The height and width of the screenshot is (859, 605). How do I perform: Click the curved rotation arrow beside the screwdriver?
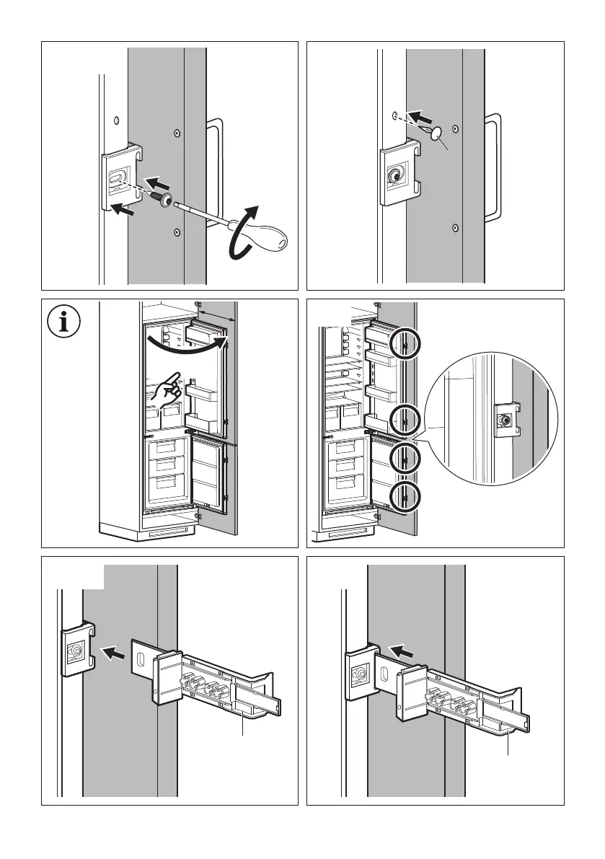click(x=242, y=230)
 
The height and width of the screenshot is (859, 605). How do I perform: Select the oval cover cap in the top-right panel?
click(x=436, y=133)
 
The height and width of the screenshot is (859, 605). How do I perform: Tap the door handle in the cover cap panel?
click(x=493, y=166)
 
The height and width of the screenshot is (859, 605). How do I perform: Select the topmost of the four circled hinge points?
click(x=405, y=346)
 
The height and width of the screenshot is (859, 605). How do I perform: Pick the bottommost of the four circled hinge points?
click(x=405, y=498)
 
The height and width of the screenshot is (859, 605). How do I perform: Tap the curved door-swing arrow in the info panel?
click(x=187, y=345)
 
